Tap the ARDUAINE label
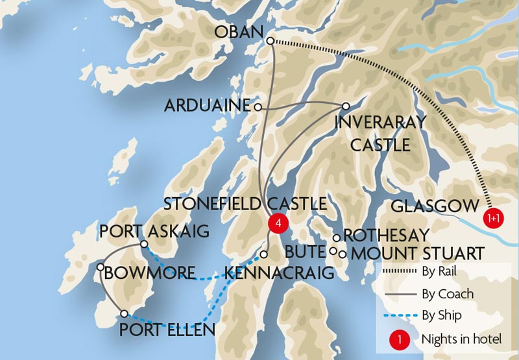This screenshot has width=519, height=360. coord(209,106)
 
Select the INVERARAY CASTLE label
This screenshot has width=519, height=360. coord(380,133)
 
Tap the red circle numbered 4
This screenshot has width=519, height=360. coord(278,222)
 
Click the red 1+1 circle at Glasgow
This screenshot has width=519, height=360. coord(494,219)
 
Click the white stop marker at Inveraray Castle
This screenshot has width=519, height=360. coord(346,106)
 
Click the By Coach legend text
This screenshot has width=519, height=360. coord(446,294)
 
